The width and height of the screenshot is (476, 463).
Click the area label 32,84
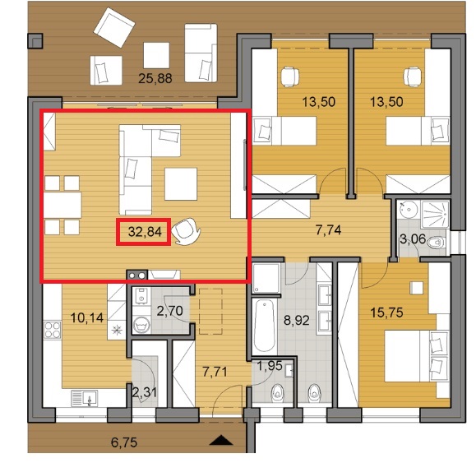(x=145, y=232)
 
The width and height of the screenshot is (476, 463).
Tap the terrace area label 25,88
(x=155, y=79)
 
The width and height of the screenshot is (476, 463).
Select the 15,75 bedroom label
(x=386, y=313)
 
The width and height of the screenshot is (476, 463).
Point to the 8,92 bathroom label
(x=297, y=320)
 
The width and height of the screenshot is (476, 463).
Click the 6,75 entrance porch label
(x=124, y=442)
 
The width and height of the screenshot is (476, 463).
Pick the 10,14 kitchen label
(x=87, y=318)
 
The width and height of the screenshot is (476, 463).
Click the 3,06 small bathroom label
(x=413, y=239)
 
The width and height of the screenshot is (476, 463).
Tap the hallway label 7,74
(x=329, y=230)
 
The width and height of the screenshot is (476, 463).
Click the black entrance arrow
(x=221, y=440)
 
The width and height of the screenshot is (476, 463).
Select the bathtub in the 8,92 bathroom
(x=264, y=326)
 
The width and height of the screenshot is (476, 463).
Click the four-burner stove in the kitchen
(x=53, y=330)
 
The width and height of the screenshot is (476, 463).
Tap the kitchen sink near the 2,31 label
(x=85, y=398)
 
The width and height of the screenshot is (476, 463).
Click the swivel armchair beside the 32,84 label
(x=186, y=231)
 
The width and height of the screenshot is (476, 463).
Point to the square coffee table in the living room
(x=181, y=184)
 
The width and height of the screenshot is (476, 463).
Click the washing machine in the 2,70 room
(x=141, y=324)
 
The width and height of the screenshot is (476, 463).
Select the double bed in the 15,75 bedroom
(x=416, y=356)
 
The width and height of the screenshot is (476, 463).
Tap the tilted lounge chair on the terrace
(x=114, y=27)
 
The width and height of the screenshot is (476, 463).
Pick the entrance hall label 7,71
(x=215, y=372)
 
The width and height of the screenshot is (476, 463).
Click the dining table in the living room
(x=62, y=206)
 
